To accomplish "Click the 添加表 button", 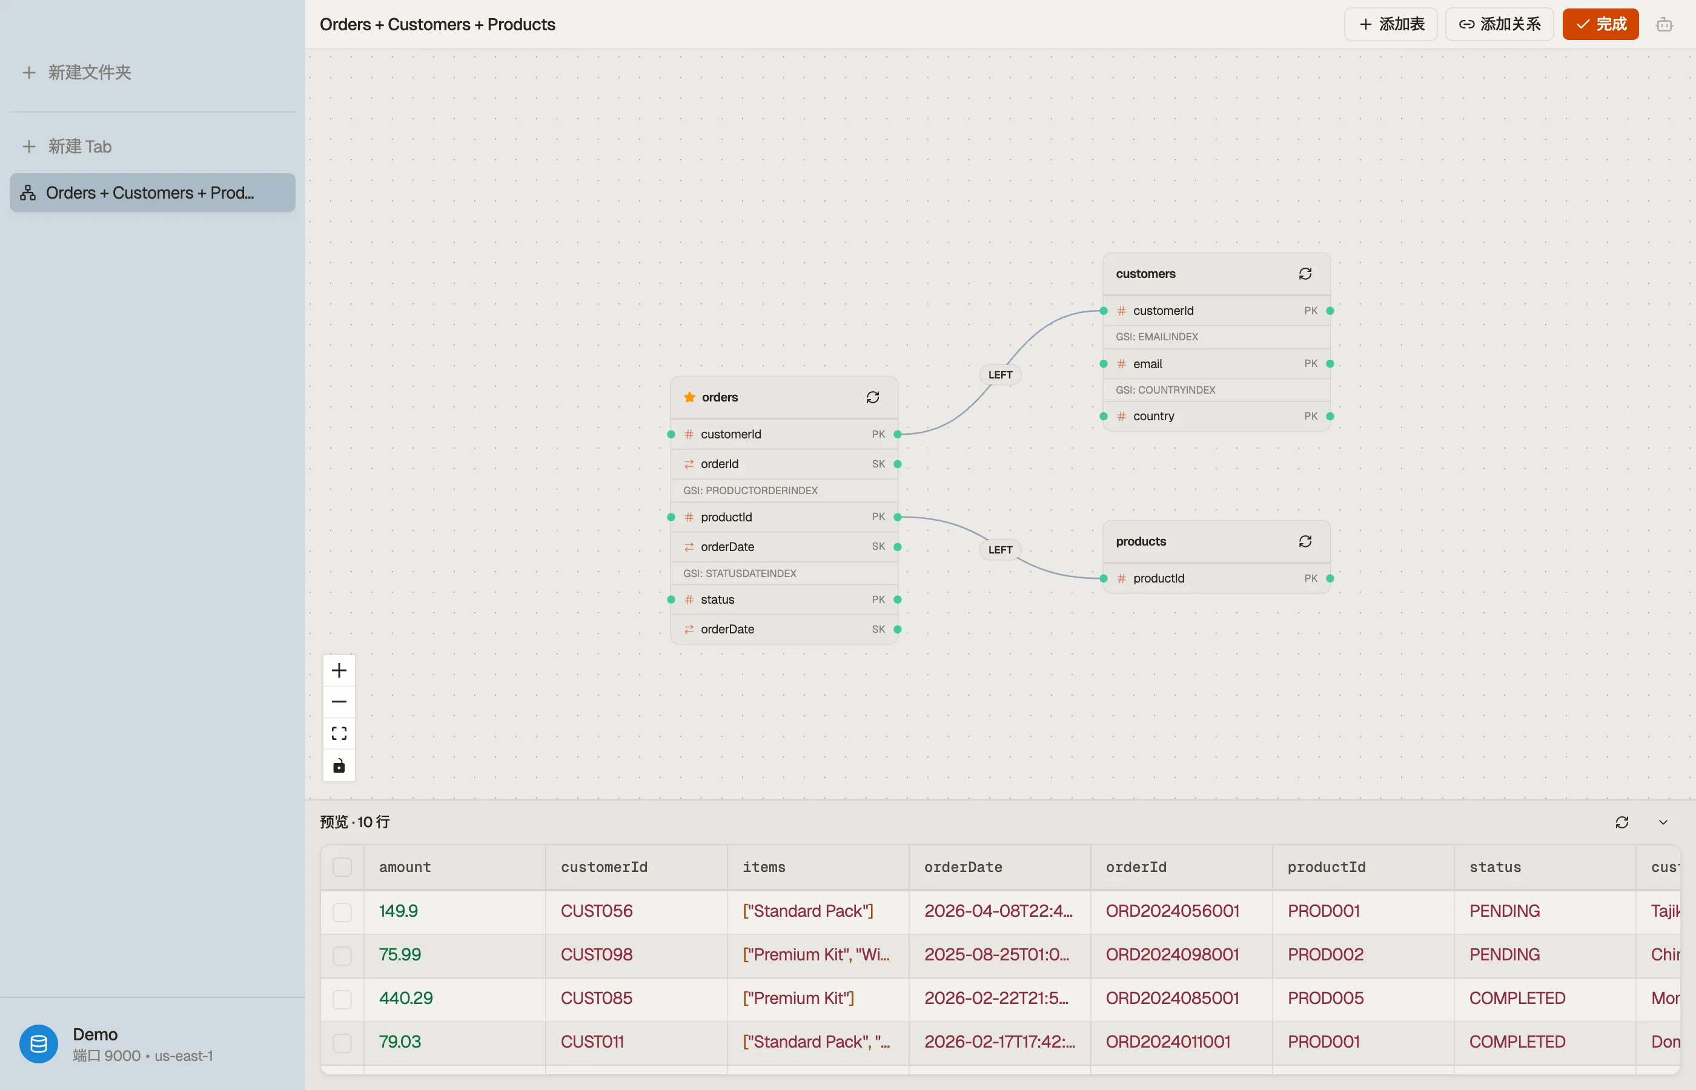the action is point(1390,24).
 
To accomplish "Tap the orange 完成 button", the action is point(1600,24).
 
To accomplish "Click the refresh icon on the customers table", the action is point(1305,274).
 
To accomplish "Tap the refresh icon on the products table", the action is point(1305,541).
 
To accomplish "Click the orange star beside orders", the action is point(689,397).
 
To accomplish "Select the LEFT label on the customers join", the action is point(1000,374).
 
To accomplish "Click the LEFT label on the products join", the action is point(1000,549).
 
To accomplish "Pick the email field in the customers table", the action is point(1147,364).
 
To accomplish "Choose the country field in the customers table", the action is point(1153,416).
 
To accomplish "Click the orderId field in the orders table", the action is point(719,464).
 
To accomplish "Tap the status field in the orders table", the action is point(717,599).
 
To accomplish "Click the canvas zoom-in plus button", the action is point(339,670).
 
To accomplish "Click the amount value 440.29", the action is point(406,998).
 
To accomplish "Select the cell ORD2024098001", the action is point(1172,954).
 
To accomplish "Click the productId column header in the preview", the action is point(1327,867).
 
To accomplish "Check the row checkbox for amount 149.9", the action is point(342,911).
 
